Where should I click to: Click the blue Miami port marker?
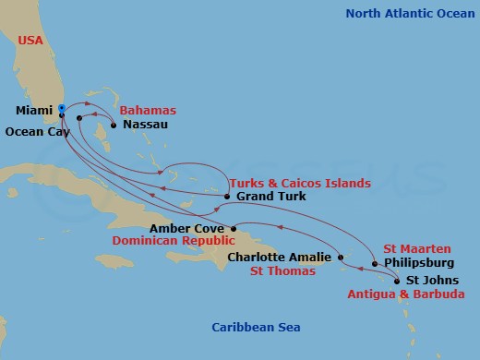tap(61, 108)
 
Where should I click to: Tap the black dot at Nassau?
tap(114, 125)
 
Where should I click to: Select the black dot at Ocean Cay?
tap(79, 118)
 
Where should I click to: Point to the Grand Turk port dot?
tap(227, 197)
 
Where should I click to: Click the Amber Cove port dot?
tap(234, 228)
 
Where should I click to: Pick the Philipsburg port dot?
tap(374, 264)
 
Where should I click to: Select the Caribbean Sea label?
tap(256, 328)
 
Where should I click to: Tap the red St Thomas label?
tap(283, 271)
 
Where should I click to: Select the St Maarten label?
tap(417, 249)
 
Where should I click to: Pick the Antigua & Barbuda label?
tap(405, 294)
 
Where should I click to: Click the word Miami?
tap(32, 111)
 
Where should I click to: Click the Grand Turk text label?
tap(269, 197)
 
